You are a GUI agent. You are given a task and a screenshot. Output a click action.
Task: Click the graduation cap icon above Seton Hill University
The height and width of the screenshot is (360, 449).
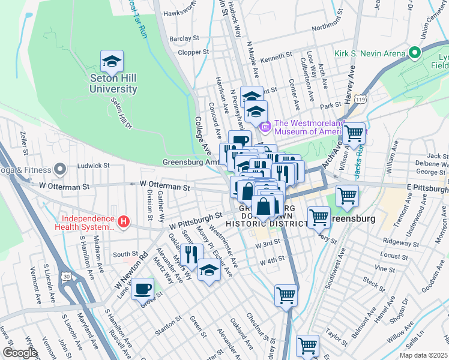pyautogui.click(x=112, y=61)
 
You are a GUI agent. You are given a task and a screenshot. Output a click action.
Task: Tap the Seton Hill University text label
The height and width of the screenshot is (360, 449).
pyautogui.click(x=113, y=83)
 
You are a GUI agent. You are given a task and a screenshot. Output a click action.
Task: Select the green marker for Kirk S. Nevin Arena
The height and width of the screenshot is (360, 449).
pyautogui.click(x=414, y=53)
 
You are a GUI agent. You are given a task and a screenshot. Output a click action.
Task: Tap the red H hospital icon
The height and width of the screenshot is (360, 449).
pyautogui.click(x=124, y=222)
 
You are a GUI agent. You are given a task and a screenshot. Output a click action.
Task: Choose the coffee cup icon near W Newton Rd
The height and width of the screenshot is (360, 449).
pyautogui.click(x=142, y=289)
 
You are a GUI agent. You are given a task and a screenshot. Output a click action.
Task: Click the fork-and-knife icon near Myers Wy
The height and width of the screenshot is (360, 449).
pyautogui.click(x=191, y=254)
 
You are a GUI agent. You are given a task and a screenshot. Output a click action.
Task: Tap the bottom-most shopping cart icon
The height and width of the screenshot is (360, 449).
pyautogui.click(x=307, y=346)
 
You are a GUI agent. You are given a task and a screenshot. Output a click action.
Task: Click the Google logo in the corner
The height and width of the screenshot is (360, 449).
pyautogui.click(x=20, y=353)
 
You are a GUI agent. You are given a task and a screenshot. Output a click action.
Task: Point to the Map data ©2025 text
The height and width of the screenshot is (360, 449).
pyautogui.click(x=423, y=355)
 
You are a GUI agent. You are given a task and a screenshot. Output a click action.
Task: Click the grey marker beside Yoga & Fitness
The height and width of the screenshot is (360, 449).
pyautogui.click(x=59, y=169)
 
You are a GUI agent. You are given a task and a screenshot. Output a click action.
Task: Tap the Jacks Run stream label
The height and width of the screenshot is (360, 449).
pyautogui.click(x=359, y=163)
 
